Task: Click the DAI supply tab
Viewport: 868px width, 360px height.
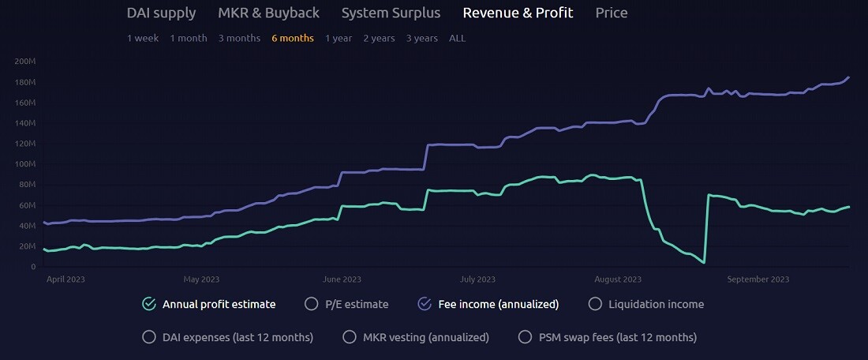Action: [161, 13]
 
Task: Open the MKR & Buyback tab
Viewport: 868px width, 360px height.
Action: [268, 13]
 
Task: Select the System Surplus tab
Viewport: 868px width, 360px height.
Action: [391, 13]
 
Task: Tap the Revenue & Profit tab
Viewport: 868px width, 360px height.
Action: [518, 13]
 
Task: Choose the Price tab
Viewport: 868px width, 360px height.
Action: [612, 13]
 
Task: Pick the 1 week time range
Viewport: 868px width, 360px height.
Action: [143, 38]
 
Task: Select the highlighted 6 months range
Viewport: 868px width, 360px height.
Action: [293, 38]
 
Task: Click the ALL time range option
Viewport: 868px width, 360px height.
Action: [457, 38]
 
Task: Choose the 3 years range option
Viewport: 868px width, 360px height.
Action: [422, 38]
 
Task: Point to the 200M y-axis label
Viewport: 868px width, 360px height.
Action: [25, 62]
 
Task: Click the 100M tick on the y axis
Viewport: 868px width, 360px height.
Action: [25, 164]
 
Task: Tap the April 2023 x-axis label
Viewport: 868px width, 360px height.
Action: [65, 279]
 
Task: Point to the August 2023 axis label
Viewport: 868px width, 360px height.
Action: [619, 279]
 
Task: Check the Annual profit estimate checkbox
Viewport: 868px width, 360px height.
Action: [149, 303]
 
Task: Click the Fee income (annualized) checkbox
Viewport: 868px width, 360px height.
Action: [425, 303]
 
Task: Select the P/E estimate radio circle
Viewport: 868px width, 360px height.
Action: [312, 303]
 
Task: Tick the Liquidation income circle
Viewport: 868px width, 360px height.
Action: [595, 303]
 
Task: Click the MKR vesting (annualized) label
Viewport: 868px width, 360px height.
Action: [426, 337]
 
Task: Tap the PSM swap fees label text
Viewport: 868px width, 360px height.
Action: [617, 337]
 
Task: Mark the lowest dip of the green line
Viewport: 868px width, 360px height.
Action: [704, 263]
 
